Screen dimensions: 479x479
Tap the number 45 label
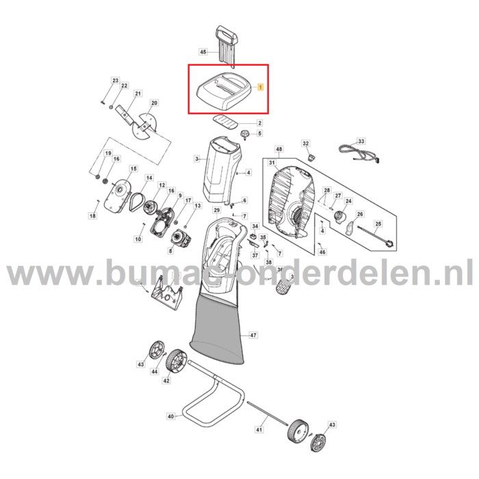pos(203,52)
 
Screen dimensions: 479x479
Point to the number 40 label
pos(170,415)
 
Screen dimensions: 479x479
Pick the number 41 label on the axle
pos(259,429)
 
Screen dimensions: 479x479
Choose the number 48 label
pos(279,149)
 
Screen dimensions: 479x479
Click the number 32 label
pos(306,143)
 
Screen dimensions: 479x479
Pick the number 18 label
pos(93,216)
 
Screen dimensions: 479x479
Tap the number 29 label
pos(216,209)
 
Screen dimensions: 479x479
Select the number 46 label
pos(323,252)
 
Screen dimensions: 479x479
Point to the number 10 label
pos(138,239)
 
